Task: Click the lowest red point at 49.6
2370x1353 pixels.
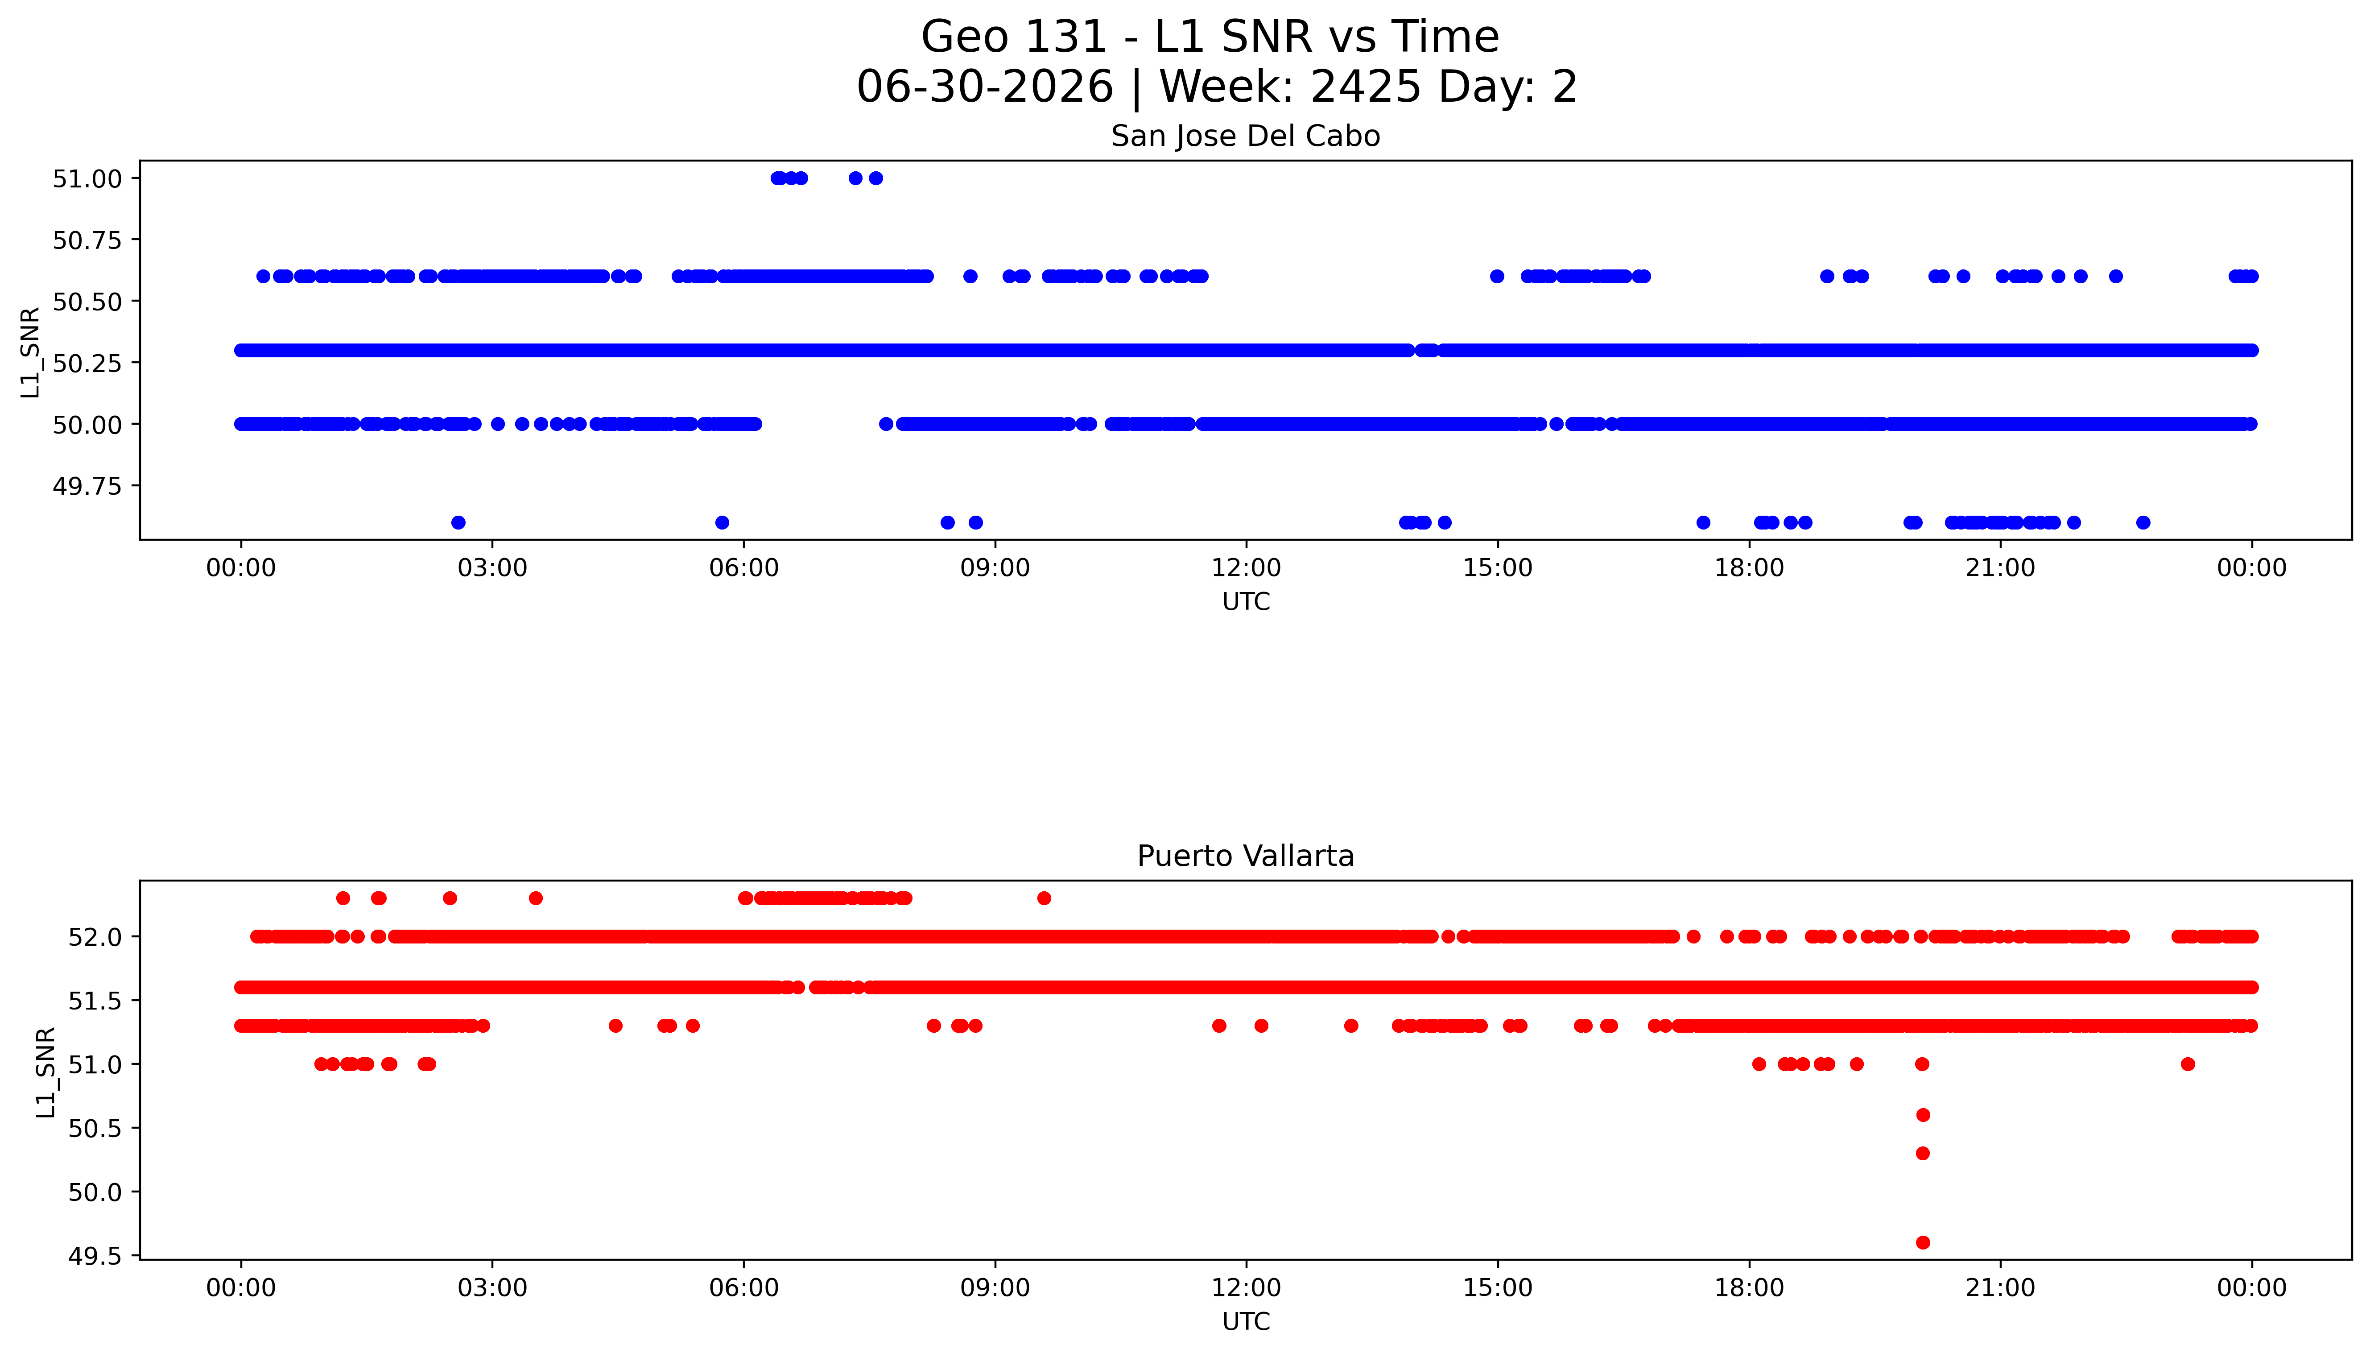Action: tap(1922, 1242)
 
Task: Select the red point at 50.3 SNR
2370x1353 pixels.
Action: tap(1922, 1153)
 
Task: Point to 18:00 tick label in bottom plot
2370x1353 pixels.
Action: tap(1748, 1288)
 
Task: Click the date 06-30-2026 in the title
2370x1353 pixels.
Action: tap(984, 87)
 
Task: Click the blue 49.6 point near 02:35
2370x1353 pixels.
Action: tap(458, 522)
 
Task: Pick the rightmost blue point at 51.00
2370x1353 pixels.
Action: tap(875, 178)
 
